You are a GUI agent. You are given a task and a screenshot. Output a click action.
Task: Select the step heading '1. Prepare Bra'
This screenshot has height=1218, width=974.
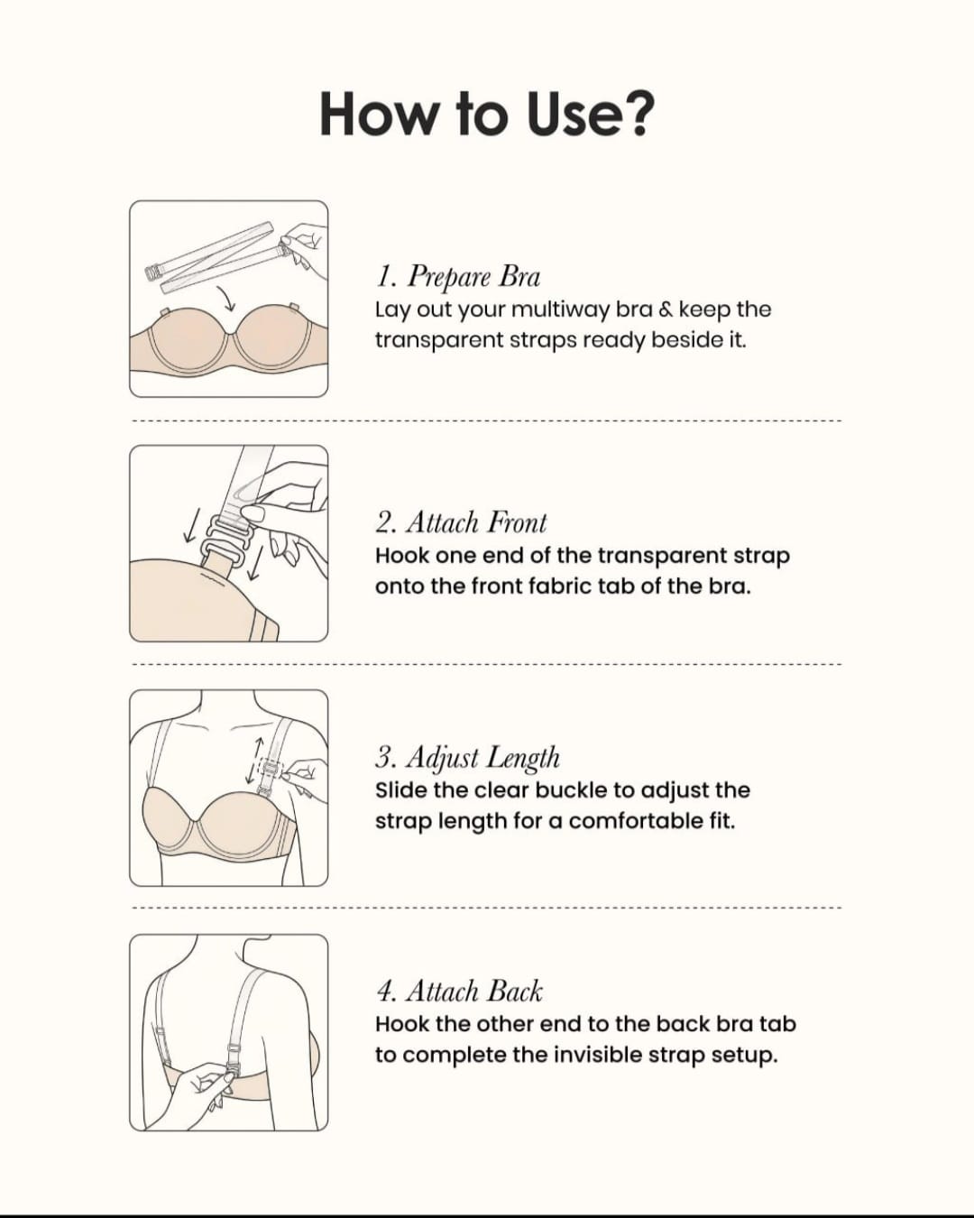coord(458,277)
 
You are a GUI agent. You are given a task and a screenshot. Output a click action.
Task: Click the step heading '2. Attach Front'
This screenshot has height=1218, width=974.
coord(461,522)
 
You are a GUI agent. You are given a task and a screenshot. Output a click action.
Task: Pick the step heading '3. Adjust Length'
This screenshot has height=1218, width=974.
coord(467,758)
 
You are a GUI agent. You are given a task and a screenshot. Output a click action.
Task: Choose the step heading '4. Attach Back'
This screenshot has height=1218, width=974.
coord(459,992)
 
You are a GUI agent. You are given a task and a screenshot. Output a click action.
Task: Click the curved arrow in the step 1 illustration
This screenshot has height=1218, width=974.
coord(225,299)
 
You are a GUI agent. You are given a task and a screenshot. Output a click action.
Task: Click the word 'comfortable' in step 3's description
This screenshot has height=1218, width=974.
coord(633,821)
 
